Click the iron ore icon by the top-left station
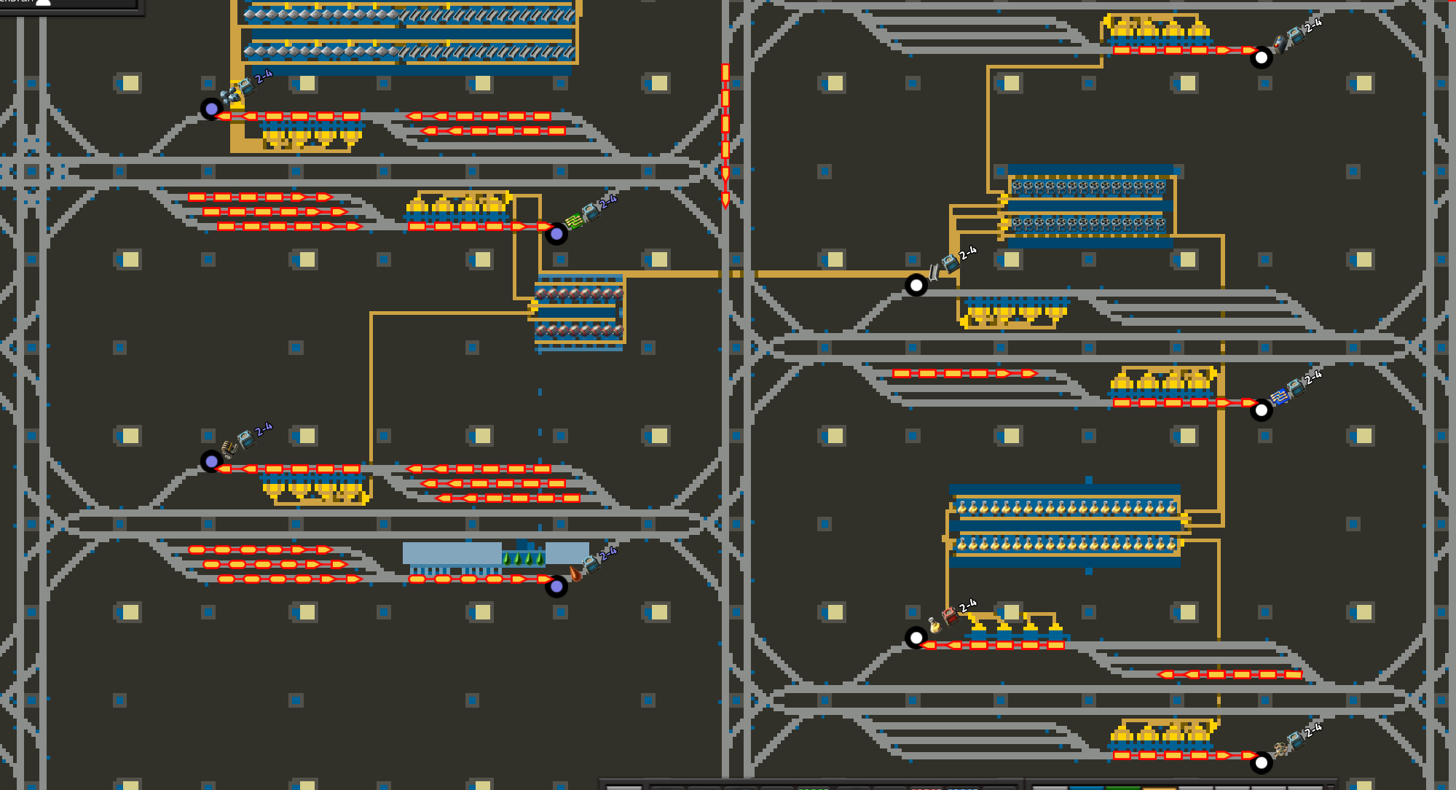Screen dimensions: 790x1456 click(x=229, y=95)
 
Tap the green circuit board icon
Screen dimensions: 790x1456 click(x=574, y=220)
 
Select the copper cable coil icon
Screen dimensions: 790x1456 click(x=229, y=447)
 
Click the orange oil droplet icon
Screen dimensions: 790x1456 click(x=575, y=573)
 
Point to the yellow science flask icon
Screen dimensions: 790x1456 click(x=934, y=625)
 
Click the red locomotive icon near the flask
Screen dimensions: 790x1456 click(x=950, y=617)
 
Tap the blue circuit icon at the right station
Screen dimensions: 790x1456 click(x=1279, y=397)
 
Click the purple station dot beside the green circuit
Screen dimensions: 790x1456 click(x=556, y=234)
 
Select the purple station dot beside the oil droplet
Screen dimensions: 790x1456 click(x=556, y=587)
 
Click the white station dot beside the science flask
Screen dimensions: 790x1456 click(x=916, y=638)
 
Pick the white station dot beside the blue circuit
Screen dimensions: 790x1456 click(x=1262, y=410)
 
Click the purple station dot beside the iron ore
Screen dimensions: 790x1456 click(x=211, y=109)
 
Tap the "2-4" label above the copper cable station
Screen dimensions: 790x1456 click(x=264, y=429)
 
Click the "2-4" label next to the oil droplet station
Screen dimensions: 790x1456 click(x=608, y=553)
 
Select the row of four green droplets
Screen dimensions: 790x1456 click(x=523, y=559)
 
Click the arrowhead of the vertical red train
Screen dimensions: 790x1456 click(x=725, y=200)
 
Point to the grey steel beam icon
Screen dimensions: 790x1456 click(x=934, y=273)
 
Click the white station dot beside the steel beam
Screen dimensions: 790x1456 click(x=916, y=285)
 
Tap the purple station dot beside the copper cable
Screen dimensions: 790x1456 click(x=211, y=461)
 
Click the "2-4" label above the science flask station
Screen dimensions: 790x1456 click(x=968, y=606)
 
